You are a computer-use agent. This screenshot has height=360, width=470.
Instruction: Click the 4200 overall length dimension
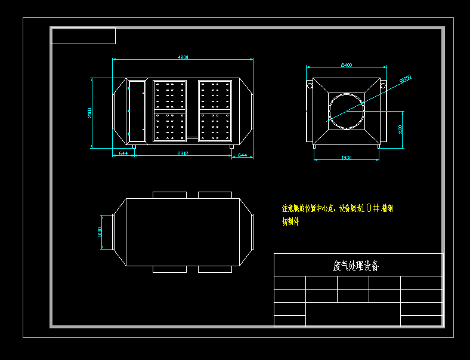pyautogui.click(x=183, y=57)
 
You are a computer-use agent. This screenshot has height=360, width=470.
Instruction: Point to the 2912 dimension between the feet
pyautogui.click(x=183, y=154)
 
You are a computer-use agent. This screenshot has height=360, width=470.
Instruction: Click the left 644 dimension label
pyautogui.click(x=123, y=154)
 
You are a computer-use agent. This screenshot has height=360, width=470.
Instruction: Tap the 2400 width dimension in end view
pyautogui.click(x=346, y=64)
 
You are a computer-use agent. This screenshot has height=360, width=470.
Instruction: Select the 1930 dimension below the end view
pyautogui.click(x=346, y=158)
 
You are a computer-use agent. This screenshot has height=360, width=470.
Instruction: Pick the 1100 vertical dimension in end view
pyautogui.click(x=401, y=128)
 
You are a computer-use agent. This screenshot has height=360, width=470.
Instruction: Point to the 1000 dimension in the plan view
pyautogui.click(x=100, y=232)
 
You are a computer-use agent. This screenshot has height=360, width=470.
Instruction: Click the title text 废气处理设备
pyautogui.click(x=355, y=266)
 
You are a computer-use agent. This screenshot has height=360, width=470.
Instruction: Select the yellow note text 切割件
pyautogui.click(x=290, y=221)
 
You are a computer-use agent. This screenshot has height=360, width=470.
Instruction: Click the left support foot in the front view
pyautogui.click(x=134, y=146)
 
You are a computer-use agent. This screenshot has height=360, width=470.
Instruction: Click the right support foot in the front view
pyautogui.click(x=232, y=146)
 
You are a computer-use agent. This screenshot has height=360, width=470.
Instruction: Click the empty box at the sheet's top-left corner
pyautogui.click(x=84, y=36)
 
